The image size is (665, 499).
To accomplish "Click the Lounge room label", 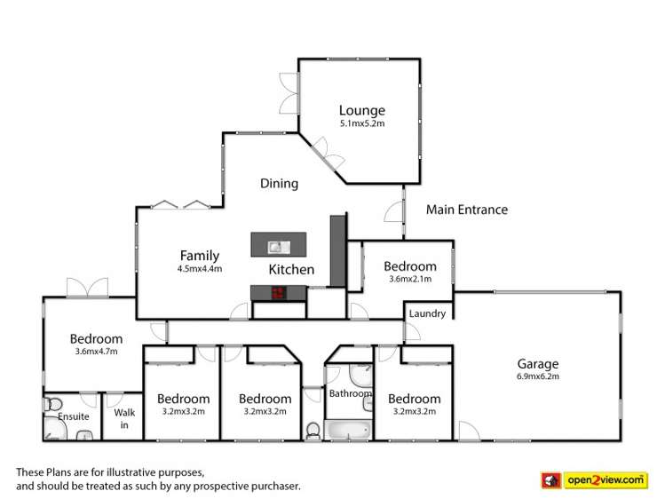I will coord(361,110).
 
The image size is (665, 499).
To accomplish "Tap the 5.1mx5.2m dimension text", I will coord(361,124).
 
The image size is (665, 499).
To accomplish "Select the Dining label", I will coord(279,184).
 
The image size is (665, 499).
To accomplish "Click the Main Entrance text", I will coord(467,210).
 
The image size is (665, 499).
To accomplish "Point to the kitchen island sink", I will coord(276,245).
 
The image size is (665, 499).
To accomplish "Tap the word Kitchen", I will coord(291,268).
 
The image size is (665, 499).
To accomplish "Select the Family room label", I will coord(199,256).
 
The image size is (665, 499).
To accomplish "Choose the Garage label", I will coord(538,363).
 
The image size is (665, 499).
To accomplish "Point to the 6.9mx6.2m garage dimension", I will coord(538,376).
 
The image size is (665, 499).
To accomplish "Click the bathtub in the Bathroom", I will coord(348,431).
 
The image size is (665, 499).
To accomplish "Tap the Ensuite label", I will coord(73,416).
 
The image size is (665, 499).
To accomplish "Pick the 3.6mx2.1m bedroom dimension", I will coord(409,280).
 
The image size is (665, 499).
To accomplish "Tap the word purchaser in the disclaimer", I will coord(273,486).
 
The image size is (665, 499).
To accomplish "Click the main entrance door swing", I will coord(392,211).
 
